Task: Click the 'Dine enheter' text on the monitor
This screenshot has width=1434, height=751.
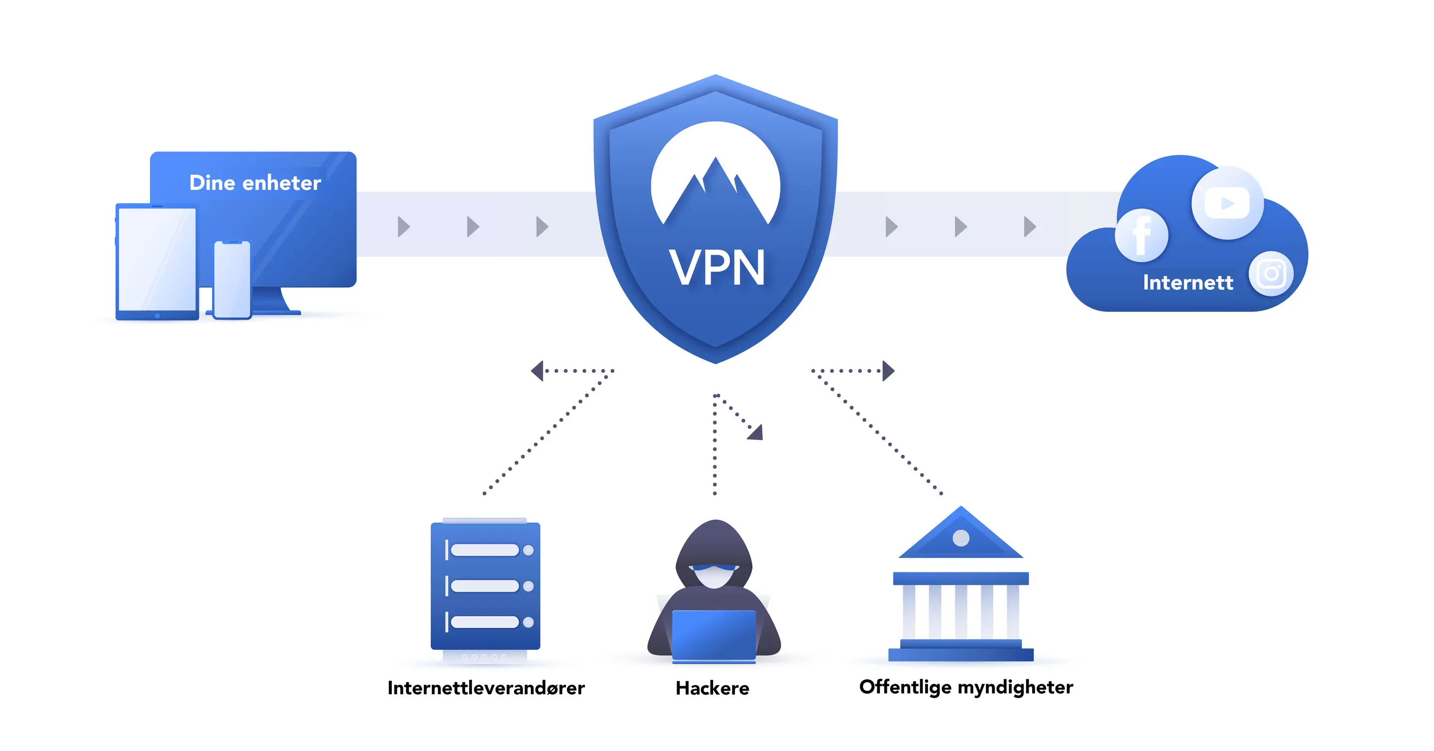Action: [255, 183]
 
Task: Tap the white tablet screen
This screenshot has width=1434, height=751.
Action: [157, 259]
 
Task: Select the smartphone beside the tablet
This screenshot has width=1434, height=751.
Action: [232, 280]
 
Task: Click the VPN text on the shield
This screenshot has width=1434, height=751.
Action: [717, 268]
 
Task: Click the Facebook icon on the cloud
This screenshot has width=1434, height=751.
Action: [1141, 235]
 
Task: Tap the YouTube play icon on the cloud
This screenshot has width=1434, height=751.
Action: [1227, 203]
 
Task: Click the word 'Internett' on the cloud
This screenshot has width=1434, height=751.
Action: [1188, 283]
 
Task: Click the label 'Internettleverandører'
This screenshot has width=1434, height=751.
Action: [486, 688]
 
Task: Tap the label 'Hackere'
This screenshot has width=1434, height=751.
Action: [712, 688]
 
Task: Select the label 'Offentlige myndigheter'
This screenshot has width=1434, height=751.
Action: [966, 687]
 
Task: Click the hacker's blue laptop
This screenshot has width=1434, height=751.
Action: [714, 635]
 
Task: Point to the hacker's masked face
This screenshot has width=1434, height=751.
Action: [714, 574]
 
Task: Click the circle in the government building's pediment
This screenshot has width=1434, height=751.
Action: [961, 538]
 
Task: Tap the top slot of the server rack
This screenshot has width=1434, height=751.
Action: [485, 550]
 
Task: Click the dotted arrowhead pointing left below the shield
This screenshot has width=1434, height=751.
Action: [538, 370]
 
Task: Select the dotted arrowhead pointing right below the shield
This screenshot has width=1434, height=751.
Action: [888, 370]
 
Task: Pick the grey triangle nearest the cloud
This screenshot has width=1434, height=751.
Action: [1029, 227]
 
